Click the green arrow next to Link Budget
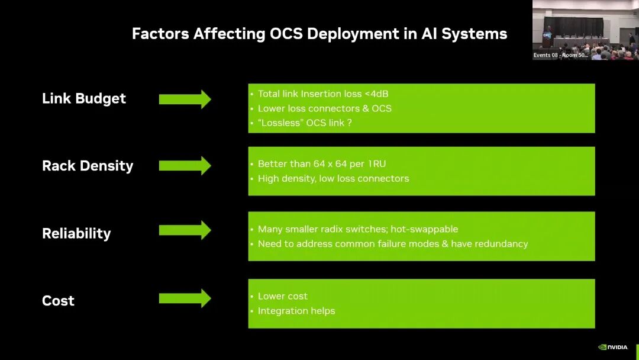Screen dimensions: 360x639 (185, 99)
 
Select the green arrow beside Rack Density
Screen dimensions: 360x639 (185, 166)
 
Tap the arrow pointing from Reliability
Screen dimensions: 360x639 (185, 230)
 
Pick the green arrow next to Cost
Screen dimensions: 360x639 (185, 298)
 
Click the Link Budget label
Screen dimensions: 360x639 (84, 99)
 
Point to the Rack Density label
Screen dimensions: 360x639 (88, 166)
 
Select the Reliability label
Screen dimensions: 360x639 (76, 233)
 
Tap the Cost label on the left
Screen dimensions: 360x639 (58, 301)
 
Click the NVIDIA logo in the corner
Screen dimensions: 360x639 (613, 347)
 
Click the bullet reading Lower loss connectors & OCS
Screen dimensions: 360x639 (324, 108)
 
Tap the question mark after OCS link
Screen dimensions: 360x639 (350, 123)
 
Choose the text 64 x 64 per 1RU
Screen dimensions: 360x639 (343, 163)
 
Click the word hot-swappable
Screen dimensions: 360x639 (424, 229)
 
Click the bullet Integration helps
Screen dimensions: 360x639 (296, 311)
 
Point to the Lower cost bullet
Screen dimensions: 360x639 (282, 296)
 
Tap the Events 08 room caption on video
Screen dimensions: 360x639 (560, 55)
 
